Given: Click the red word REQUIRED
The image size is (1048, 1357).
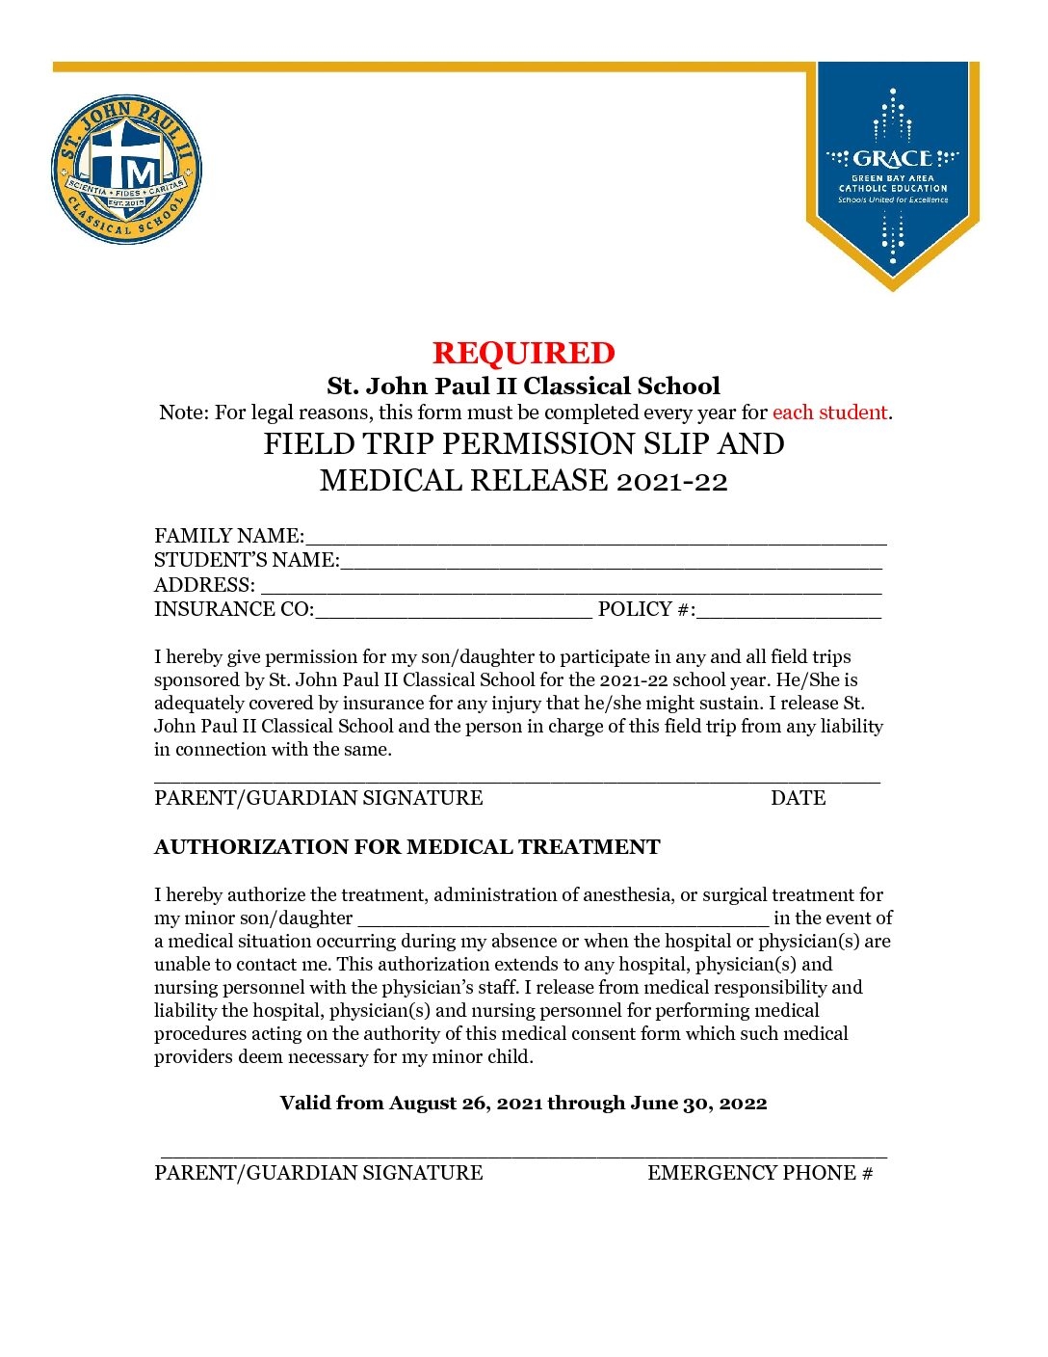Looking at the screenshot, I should pos(523,354).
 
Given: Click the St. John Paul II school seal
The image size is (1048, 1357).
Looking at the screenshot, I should pos(126,170).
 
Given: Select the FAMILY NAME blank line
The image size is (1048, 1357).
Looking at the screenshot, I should pos(595,537).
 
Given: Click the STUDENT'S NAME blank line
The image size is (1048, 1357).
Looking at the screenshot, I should pos(611,561).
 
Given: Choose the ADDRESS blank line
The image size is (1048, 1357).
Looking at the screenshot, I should pos(570,586).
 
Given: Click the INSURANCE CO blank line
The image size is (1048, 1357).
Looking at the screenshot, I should pos(453,610).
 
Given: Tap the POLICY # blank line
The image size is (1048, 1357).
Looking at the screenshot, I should pos(789,610).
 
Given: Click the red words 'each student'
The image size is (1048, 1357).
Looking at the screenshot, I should pos(829,413).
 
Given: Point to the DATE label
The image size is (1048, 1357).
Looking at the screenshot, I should pos(798,798).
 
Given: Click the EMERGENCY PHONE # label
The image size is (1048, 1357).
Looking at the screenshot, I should pos(760,1173).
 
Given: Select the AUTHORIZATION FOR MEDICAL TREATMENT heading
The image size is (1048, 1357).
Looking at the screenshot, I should pos(407,847).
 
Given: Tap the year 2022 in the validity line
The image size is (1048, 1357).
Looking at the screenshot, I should pos(742,1104).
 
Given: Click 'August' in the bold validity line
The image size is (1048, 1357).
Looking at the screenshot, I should pos(423,1104).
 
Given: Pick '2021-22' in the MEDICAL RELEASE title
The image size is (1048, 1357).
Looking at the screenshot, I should pos(671,481).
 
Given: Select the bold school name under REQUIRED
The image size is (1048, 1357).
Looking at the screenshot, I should pos(523,386).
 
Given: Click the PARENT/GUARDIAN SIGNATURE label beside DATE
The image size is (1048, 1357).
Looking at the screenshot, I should pos(319,798).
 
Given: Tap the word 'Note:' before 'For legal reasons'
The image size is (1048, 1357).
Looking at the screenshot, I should pos(183,413).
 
